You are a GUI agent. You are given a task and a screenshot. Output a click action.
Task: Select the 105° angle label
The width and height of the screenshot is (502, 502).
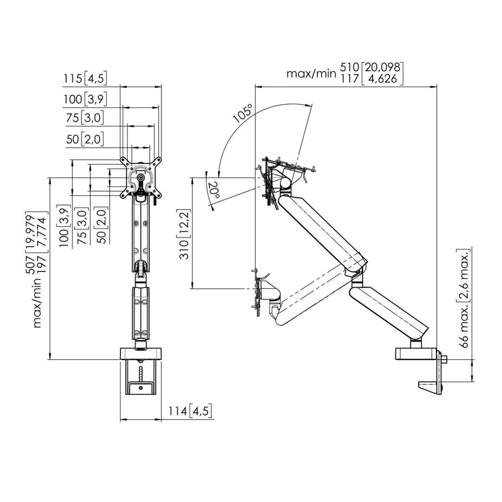pyautogui.click(x=243, y=113)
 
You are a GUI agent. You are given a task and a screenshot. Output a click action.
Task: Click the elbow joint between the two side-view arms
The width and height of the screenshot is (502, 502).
pyautogui.click(x=358, y=274)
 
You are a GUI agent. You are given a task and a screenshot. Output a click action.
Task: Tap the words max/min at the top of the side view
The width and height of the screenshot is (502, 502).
pyautogui.click(x=311, y=73)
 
